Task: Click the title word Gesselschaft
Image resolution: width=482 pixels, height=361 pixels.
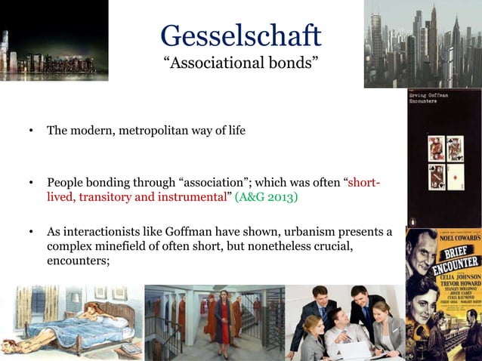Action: coord(241,35)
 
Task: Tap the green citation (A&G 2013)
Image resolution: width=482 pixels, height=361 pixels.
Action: coord(267,197)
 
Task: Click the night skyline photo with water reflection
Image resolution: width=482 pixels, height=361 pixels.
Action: coord(54,41)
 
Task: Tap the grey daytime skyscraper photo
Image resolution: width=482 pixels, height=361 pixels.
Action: coord(422,44)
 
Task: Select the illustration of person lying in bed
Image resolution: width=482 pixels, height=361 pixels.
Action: coord(72,322)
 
